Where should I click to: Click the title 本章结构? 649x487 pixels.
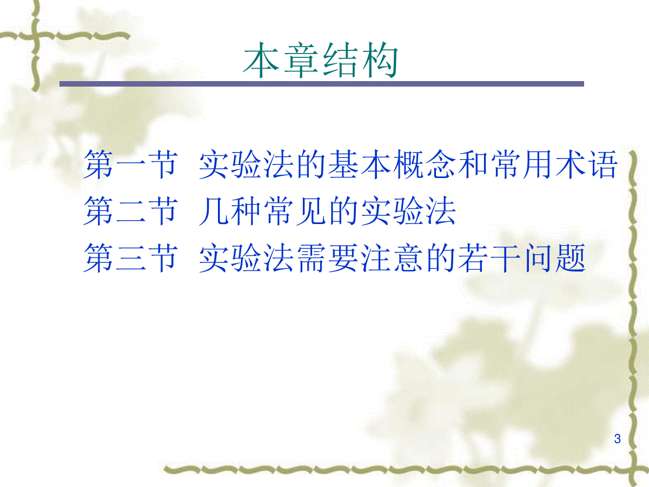click(x=321, y=60)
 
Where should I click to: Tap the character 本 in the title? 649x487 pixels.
click(x=261, y=60)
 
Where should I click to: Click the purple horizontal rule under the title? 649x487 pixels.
click(x=322, y=84)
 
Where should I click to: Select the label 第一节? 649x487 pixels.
click(x=131, y=164)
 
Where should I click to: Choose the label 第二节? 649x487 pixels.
click(x=131, y=211)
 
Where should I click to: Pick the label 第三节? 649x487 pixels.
click(x=131, y=258)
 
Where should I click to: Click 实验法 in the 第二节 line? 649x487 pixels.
click(x=408, y=211)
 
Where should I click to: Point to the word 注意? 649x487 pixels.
click(x=392, y=258)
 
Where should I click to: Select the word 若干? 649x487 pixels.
click(x=489, y=258)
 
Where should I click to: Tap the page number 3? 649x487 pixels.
click(x=617, y=438)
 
